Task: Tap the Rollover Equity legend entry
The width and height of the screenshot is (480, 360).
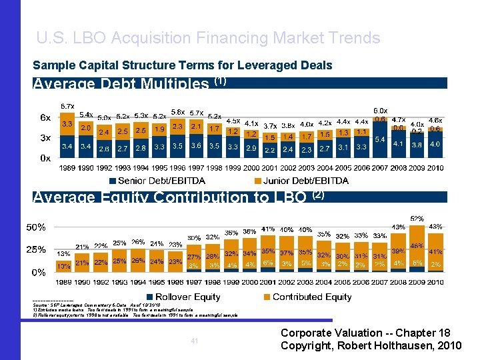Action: (187, 297)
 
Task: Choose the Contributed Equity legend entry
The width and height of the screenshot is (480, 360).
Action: (312, 297)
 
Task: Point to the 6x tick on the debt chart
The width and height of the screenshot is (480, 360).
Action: (45, 118)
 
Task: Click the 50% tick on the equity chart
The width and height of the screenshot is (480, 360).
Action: (36, 227)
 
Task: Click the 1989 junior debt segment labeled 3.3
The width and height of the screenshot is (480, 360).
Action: (67, 124)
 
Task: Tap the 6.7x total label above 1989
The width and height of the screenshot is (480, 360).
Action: (67, 106)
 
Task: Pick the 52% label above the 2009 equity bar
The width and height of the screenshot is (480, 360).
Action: (417, 219)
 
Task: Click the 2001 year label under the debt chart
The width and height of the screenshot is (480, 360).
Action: (269, 168)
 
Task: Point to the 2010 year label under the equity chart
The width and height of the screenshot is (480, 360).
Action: (435, 282)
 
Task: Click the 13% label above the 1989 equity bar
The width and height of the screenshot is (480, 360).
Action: (64, 254)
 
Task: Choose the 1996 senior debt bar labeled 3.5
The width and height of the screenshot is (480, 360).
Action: (177, 145)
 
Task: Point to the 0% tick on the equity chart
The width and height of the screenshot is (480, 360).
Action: (39, 272)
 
